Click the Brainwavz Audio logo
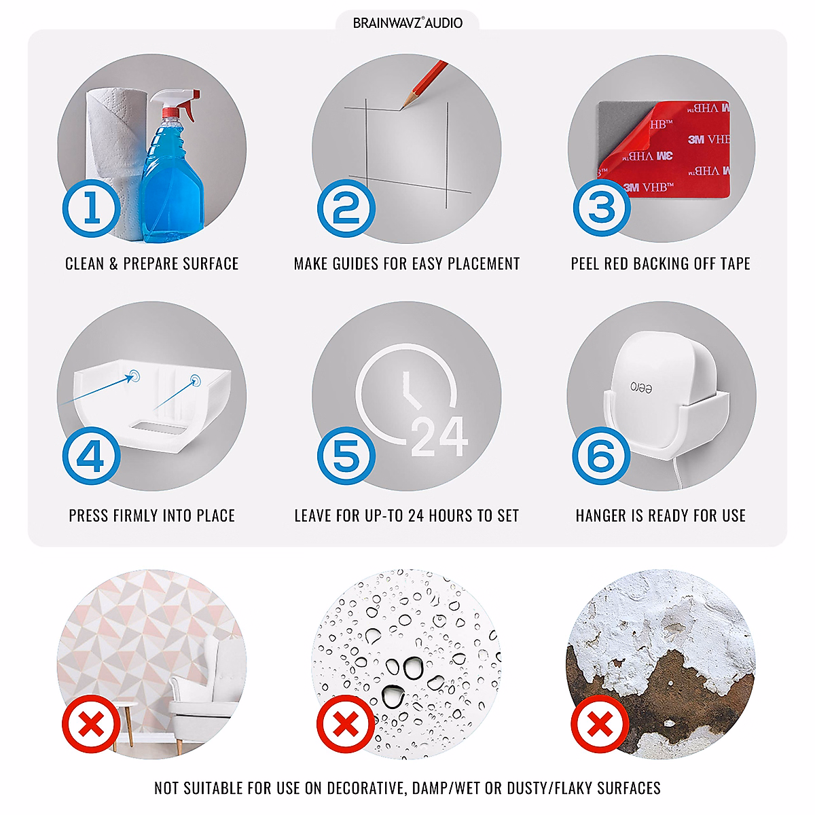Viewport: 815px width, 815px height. click(x=407, y=22)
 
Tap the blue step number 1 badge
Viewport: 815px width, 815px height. click(x=92, y=208)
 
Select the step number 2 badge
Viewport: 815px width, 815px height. click(x=346, y=208)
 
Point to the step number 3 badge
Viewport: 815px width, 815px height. click(x=602, y=207)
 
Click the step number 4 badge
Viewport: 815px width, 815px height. click(x=92, y=455)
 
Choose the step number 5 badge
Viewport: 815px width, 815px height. click(x=346, y=455)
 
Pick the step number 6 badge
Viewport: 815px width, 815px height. click(x=601, y=455)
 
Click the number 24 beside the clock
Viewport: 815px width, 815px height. click(x=439, y=437)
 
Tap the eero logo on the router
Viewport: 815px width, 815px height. click(x=641, y=387)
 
